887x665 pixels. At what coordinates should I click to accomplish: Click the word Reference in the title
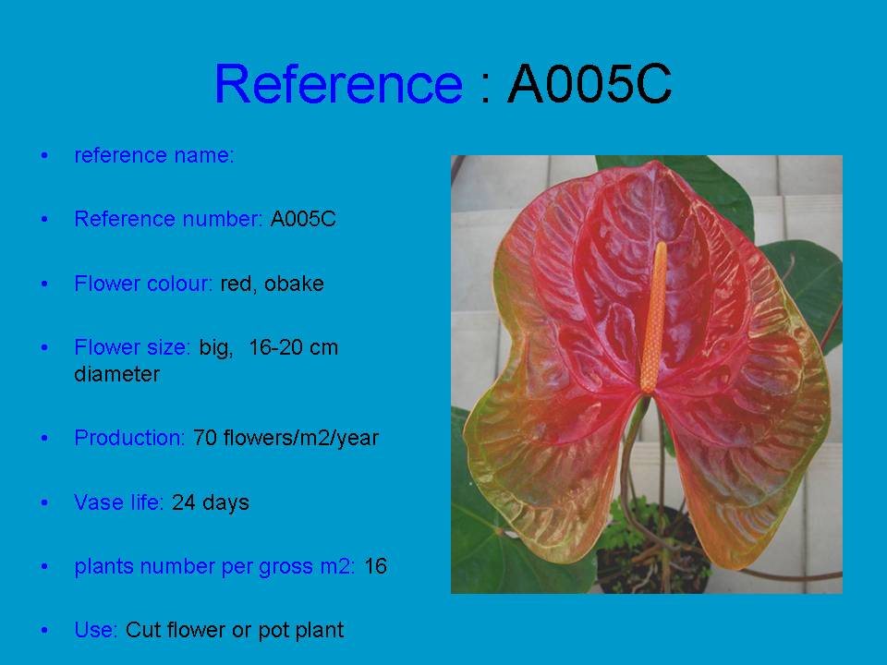337,84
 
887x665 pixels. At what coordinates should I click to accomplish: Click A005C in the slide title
589,84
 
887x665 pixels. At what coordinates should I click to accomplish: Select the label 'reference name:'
154,155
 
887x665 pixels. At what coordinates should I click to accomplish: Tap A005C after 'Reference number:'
303,219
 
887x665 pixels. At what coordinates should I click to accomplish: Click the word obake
294,284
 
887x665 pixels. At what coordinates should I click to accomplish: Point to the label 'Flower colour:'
143,284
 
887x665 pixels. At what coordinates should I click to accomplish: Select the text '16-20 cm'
294,348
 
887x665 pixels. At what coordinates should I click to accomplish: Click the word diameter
116,374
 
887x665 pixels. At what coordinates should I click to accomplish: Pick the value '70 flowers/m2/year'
286,438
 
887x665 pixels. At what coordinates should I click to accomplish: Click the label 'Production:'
129,438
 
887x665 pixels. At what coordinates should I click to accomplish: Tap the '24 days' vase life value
210,502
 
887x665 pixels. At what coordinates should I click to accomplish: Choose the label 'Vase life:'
119,502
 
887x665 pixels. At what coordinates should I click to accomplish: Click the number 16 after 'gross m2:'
375,566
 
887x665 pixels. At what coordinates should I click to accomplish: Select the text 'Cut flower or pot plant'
235,630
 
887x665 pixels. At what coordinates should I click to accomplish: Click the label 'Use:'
96,630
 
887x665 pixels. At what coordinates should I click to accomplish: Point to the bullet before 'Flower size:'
43,349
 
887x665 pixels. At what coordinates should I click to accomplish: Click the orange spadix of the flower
654,314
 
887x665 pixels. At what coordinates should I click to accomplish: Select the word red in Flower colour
237,284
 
